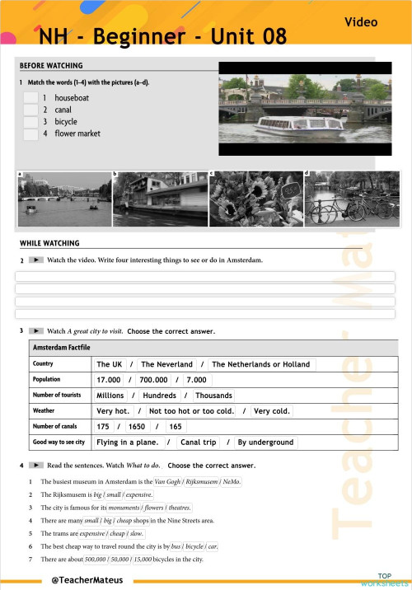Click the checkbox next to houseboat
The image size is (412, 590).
(30, 98)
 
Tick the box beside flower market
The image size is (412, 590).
(30, 133)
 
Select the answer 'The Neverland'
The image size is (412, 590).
(166, 364)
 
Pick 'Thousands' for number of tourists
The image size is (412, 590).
(213, 396)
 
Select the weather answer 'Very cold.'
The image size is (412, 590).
(271, 411)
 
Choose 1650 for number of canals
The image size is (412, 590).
(137, 427)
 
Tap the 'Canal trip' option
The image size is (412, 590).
(198, 442)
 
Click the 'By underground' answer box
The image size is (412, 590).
(265, 442)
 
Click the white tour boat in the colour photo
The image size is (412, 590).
(299, 126)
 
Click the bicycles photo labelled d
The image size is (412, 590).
(349, 199)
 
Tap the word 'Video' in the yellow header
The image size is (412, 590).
(362, 22)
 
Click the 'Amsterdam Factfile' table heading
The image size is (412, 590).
(61, 349)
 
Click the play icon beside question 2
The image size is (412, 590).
(35, 260)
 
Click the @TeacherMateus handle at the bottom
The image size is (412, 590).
(87, 579)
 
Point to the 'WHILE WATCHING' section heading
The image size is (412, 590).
(49, 243)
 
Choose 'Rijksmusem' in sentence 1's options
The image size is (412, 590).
(201, 481)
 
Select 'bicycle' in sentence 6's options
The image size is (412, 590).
(195, 546)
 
